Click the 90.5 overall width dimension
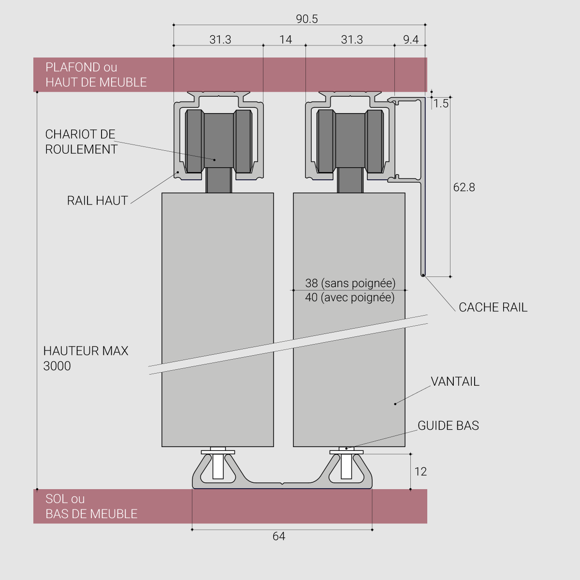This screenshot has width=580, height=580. (x=307, y=19)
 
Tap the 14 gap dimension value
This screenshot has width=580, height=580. (x=286, y=40)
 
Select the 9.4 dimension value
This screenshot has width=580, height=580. (x=411, y=40)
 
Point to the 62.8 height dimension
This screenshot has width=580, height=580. (x=464, y=187)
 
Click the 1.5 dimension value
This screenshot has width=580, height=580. (x=441, y=104)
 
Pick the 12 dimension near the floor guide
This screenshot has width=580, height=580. (x=420, y=472)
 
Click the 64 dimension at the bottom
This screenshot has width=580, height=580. (x=279, y=536)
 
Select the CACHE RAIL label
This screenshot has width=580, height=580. (x=493, y=307)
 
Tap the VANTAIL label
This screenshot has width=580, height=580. (x=455, y=381)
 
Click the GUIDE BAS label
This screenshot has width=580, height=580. (x=448, y=425)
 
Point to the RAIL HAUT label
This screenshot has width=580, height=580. (x=98, y=201)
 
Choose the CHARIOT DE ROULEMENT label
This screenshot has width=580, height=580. (x=81, y=142)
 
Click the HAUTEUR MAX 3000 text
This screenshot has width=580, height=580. (x=86, y=358)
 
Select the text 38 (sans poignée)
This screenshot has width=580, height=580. (x=350, y=283)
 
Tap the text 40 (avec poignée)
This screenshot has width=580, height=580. (x=350, y=297)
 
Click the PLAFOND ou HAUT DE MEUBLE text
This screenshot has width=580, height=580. (x=96, y=74)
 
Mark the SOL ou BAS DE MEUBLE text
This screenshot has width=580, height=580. (x=91, y=506)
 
